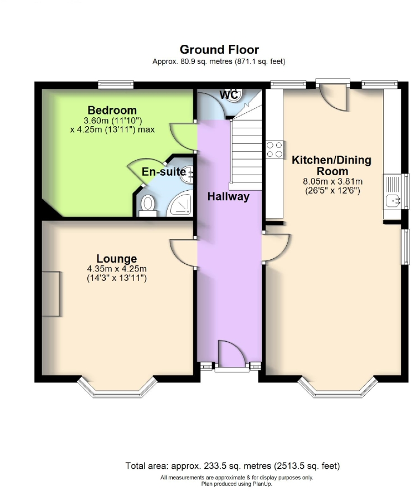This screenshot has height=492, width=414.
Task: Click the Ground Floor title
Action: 219,50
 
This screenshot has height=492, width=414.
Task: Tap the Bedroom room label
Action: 112,110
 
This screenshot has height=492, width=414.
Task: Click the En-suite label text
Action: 164,172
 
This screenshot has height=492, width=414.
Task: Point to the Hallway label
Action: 228,196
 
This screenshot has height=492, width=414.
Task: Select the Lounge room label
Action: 116,258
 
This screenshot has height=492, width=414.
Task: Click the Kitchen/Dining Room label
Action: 332,166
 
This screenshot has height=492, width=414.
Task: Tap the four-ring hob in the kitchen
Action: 275,149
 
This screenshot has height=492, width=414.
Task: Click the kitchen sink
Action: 394,200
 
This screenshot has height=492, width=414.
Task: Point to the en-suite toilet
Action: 148,205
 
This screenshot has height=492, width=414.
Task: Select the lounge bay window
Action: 117,388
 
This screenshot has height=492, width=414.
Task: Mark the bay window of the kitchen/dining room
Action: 338,388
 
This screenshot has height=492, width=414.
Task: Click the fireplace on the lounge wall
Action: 51,294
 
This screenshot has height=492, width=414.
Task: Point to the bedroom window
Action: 116,85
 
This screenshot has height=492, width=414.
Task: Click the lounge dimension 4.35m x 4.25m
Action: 116,269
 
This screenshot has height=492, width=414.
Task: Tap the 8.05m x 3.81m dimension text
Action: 332,181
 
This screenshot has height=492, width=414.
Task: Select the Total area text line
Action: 232,465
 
